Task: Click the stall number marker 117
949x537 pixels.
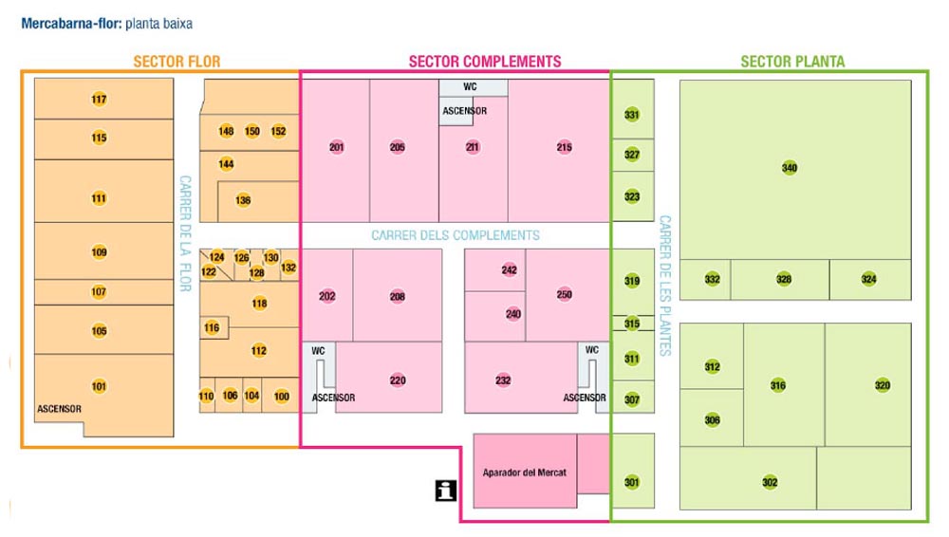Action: [99, 100]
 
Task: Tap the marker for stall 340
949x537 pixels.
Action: [790, 168]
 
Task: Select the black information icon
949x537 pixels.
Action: [445, 490]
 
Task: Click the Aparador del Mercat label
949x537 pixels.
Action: [524, 472]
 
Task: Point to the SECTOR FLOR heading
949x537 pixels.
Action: [177, 62]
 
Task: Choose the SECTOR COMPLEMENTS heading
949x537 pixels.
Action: [485, 62]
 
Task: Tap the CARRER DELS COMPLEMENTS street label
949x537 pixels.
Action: [456, 235]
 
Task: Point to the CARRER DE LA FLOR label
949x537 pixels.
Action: [185, 227]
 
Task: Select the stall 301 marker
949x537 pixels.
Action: [632, 483]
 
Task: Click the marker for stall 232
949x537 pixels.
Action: [503, 380]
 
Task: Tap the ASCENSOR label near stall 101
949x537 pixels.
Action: [60, 409]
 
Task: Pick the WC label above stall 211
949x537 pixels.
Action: [470, 86]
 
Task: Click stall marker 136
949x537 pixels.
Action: [243, 200]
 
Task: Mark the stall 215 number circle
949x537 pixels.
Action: [565, 147]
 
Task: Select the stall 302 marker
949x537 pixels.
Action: [770, 483]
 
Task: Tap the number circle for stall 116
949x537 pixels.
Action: [212, 328]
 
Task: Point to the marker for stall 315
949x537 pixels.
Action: [632, 324]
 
